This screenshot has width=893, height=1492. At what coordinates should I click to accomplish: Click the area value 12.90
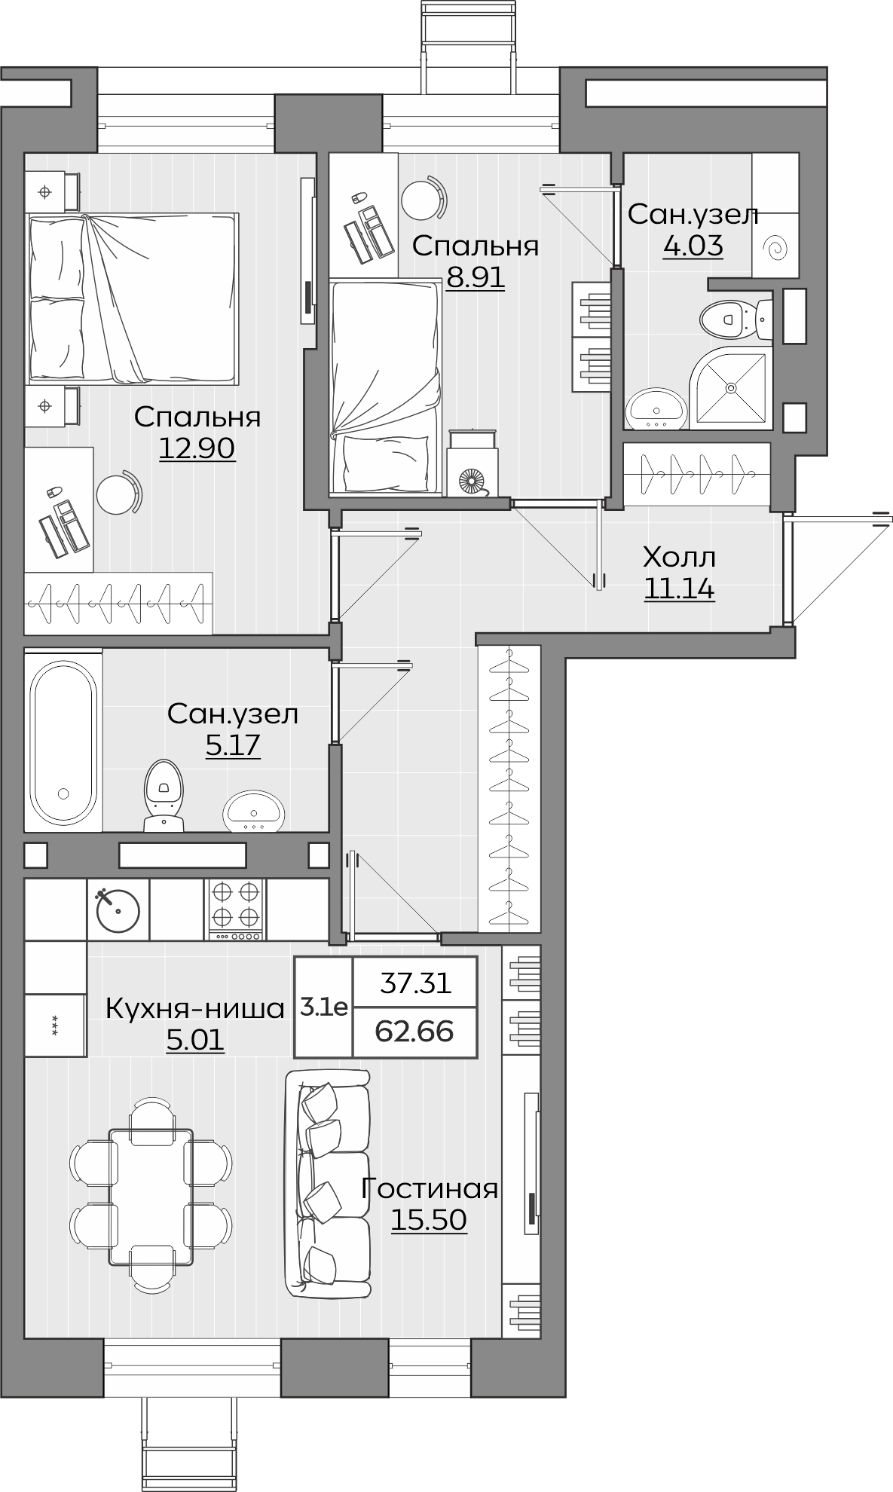(197, 448)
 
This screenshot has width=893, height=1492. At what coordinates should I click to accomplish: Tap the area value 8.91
(475, 278)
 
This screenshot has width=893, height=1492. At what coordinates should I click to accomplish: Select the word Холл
(679, 558)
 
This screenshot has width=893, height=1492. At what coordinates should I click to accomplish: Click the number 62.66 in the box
(414, 1031)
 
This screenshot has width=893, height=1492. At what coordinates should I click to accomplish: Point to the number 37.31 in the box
(414, 983)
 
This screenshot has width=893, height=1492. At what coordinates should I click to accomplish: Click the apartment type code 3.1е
(324, 1007)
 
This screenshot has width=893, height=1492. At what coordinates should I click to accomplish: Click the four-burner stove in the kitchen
(236, 909)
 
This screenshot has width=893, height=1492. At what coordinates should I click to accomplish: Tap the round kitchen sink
(118, 909)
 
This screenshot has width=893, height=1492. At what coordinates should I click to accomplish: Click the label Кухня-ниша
(195, 1007)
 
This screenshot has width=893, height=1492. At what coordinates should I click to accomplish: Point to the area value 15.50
(429, 1219)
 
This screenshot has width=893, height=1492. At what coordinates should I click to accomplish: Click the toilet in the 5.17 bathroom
(163, 794)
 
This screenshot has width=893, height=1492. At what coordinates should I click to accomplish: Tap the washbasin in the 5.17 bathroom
(254, 810)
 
